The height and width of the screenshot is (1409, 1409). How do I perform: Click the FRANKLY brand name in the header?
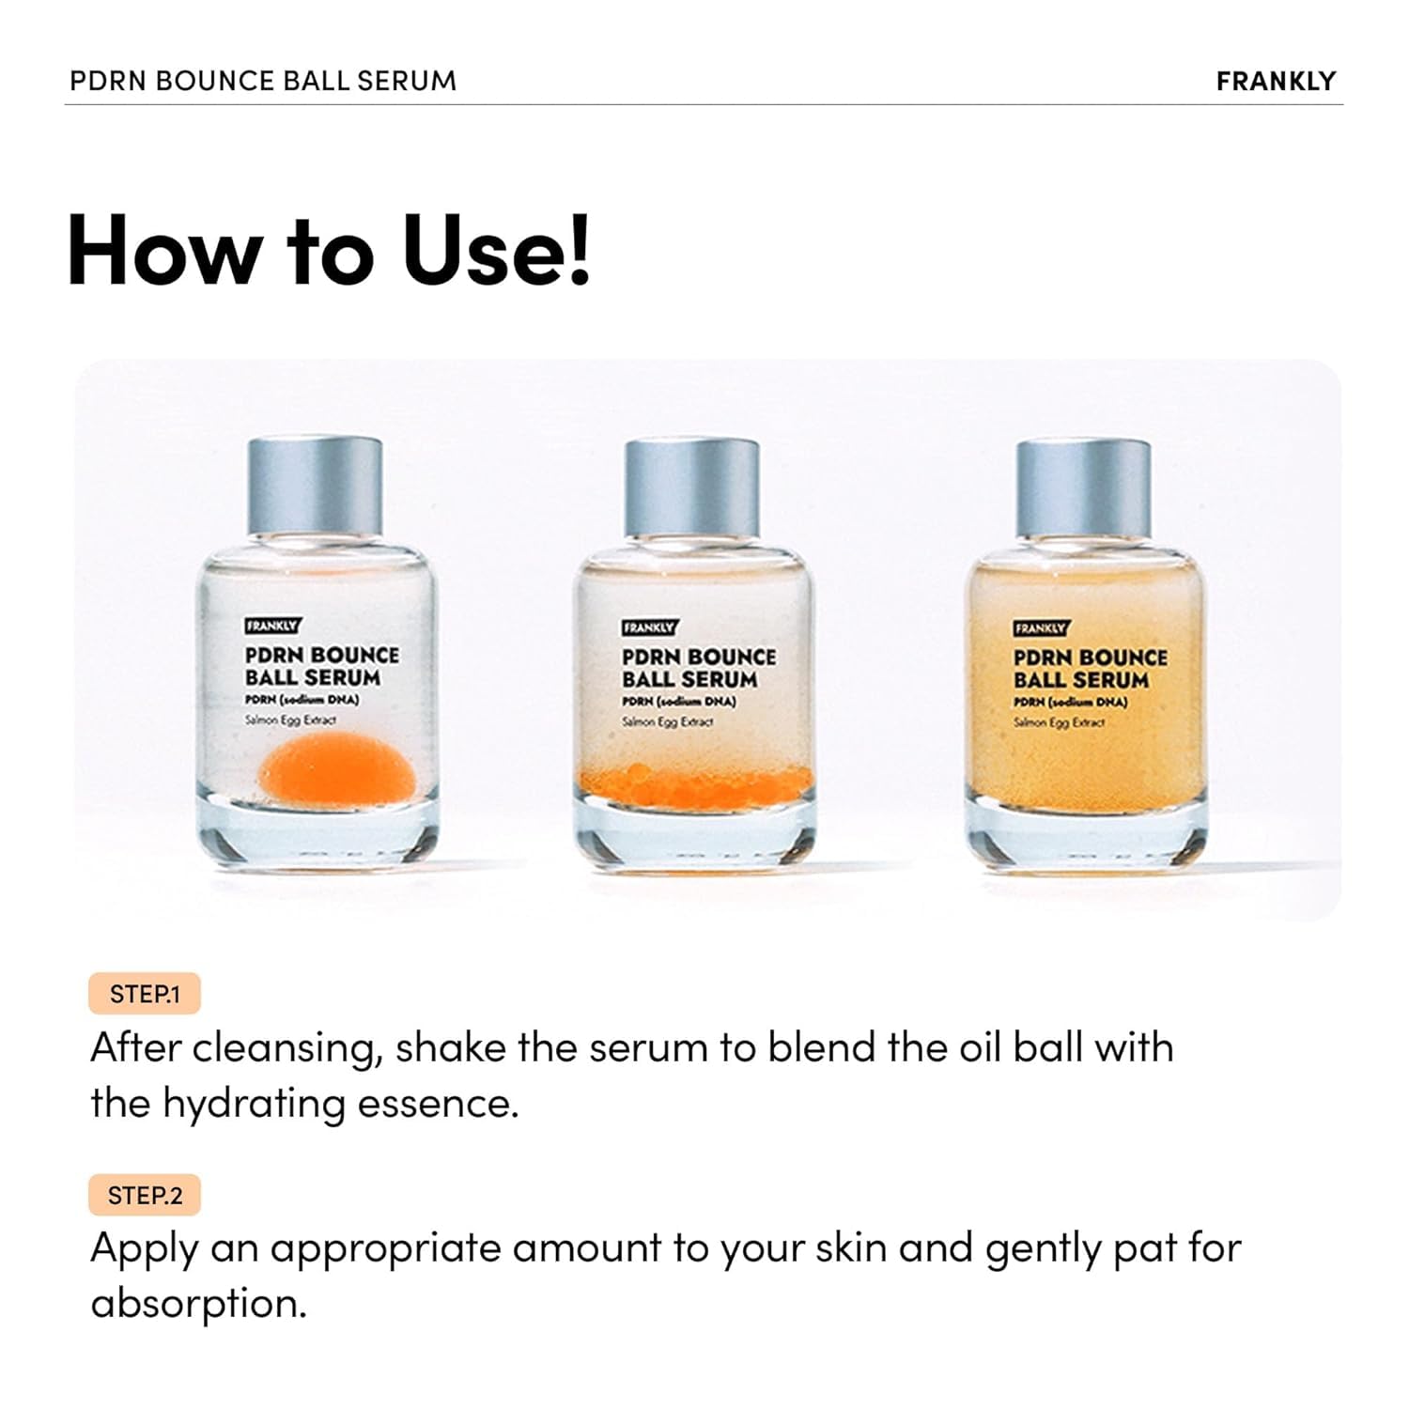[1275, 81]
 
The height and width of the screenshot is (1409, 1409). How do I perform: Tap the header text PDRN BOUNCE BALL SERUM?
[263, 81]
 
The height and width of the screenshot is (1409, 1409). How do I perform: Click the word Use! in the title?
[497, 251]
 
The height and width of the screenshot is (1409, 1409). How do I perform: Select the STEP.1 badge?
[145, 994]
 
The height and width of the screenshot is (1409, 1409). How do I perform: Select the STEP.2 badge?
[145, 1195]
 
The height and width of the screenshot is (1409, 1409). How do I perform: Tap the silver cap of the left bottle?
[315, 487]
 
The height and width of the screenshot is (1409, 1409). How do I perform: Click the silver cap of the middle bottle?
[692, 487]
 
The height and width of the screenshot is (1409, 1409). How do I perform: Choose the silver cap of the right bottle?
[1083, 487]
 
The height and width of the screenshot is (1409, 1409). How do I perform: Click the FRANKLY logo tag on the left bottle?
[271, 626]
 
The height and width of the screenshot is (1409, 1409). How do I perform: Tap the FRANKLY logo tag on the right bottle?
[1040, 628]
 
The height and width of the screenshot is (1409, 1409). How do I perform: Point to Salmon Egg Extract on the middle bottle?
[667, 722]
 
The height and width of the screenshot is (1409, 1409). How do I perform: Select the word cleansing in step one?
[287, 1048]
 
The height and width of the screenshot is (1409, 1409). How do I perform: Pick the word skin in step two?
[850, 1247]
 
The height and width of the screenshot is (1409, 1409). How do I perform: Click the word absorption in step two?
[198, 1304]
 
